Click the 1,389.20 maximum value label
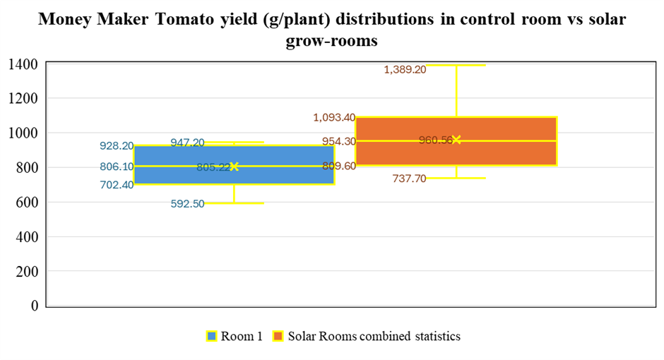click(405, 69)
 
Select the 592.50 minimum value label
click(187, 203)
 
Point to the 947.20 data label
click(187, 143)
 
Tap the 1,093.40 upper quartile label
click(334, 117)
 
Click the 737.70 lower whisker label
click(409, 179)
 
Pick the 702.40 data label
click(117, 185)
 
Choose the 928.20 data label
click(117, 146)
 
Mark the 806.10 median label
click(117, 167)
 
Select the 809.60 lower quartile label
click(339, 166)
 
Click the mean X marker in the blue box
click(235, 167)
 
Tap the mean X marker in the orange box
click(456, 140)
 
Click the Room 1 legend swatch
click(211, 336)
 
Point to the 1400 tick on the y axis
click(23, 64)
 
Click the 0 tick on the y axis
click(33, 306)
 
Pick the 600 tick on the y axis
click(28, 202)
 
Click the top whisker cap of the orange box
click(456, 65)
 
